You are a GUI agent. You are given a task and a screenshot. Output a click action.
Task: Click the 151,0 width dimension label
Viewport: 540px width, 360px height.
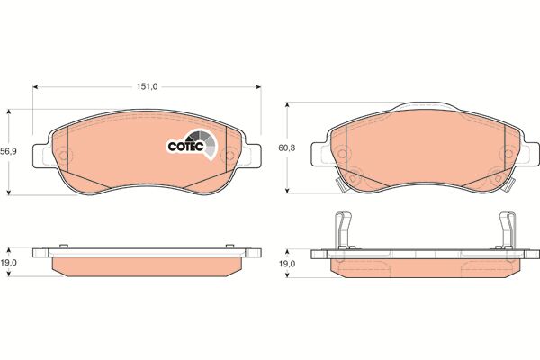[147, 86]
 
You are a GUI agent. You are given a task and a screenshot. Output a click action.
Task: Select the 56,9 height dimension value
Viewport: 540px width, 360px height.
[9, 151]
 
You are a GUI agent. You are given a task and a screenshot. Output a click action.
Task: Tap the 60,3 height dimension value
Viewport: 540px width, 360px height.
[287, 148]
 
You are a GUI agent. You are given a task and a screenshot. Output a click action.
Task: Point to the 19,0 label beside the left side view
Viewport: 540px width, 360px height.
[9, 263]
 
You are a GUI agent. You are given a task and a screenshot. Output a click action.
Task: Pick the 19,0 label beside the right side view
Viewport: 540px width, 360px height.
[287, 264]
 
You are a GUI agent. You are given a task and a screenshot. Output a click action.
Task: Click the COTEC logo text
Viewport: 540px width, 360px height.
[186, 147]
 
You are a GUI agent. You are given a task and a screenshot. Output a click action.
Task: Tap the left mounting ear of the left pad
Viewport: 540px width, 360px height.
[42, 156]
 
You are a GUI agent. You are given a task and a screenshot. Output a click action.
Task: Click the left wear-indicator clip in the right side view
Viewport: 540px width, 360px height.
[343, 230]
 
